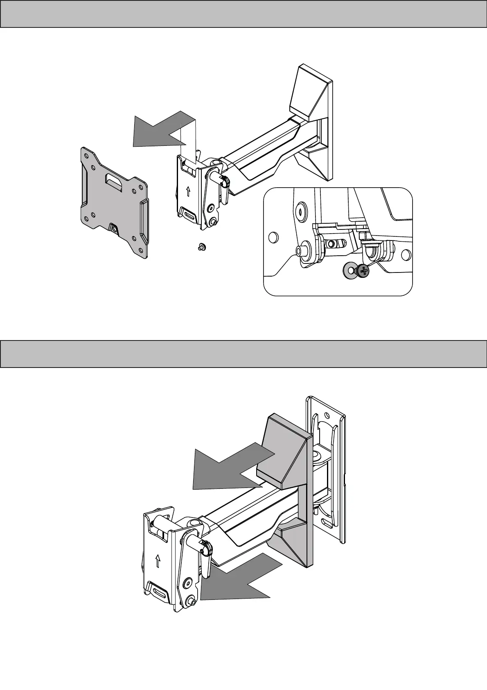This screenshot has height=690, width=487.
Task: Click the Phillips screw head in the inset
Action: [x=362, y=270]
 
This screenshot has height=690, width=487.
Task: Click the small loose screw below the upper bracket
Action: [x=201, y=247]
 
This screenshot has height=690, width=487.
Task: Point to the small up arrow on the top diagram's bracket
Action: [x=188, y=191]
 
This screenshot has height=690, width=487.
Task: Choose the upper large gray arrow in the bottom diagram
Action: [x=229, y=467]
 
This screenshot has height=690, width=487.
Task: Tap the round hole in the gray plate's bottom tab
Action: [x=113, y=228]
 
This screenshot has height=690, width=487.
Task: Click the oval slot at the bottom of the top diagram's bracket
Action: [x=190, y=214]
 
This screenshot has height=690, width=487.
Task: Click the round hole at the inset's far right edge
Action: [x=406, y=255]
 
